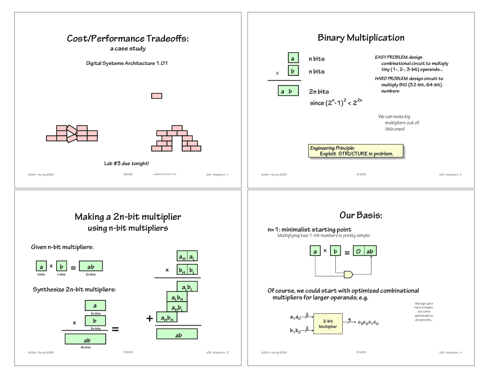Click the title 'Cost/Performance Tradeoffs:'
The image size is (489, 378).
point(128,38)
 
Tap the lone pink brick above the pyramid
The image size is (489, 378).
point(157,96)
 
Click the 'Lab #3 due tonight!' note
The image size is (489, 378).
point(126,164)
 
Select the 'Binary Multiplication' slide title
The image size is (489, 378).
point(361,37)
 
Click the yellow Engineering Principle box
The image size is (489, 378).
point(356,151)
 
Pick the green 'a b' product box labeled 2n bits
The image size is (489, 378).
point(288,91)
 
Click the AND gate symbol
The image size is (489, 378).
point(348,274)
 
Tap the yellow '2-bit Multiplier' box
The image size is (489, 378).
point(328,324)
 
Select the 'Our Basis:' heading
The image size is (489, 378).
point(361,215)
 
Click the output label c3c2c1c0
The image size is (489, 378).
point(368,323)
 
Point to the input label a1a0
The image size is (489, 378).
point(295,317)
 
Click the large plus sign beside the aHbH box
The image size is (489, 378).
point(150,318)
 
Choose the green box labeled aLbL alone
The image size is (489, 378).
point(187,287)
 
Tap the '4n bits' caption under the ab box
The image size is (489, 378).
point(86,347)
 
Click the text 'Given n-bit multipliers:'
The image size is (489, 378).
point(62,247)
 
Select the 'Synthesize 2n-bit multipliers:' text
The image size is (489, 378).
point(74,289)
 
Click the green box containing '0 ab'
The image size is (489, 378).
point(364,251)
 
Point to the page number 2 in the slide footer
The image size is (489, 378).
point(460,175)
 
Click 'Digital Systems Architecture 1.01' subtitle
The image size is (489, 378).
point(127,63)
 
